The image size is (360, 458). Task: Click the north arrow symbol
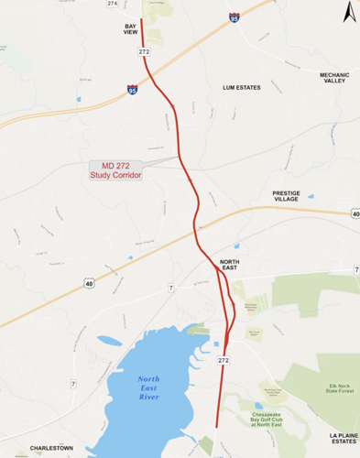[x=347, y=13]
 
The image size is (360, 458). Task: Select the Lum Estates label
[x=242, y=88]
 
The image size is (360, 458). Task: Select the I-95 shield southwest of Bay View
[x=133, y=90]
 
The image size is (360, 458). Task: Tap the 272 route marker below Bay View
[x=144, y=53]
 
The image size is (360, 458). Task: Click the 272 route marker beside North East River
[x=223, y=361]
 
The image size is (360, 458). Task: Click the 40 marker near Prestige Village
[x=355, y=213]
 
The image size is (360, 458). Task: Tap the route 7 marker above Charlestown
[x=171, y=289]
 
